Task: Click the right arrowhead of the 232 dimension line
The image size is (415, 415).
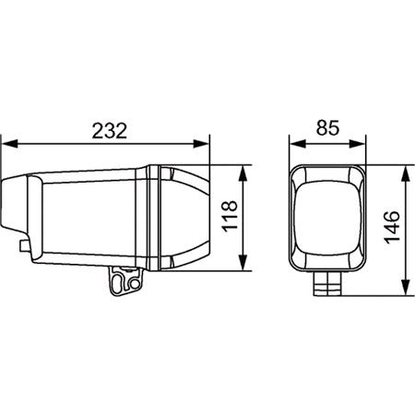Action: pyautogui.click(x=207, y=144)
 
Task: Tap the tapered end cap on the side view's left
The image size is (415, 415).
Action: pyautogui.click(x=23, y=207)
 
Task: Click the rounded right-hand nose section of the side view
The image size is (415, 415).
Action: pyautogui.click(x=189, y=219)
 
